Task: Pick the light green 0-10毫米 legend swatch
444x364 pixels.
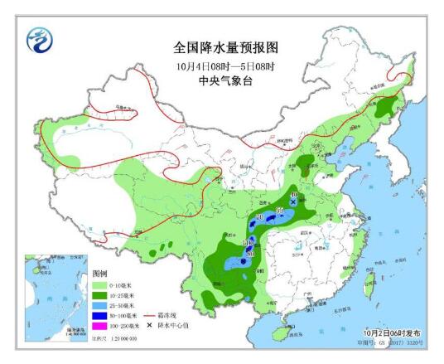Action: coord(100,284)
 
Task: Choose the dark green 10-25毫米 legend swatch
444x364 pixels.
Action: coord(100,295)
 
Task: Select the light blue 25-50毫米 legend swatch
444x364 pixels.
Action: coord(100,305)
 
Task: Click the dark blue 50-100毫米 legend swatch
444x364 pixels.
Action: coord(100,316)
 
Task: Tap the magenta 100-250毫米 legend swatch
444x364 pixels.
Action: coord(100,327)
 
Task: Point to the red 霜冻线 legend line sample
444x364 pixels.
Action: coord(152,316)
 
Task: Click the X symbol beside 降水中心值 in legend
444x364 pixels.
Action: coord(151,327)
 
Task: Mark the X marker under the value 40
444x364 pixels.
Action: coord(293,201)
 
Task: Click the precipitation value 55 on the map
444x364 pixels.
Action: coord(279,212)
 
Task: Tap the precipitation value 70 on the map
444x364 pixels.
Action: coord(259,217)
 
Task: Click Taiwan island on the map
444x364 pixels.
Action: coord(369,279)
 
